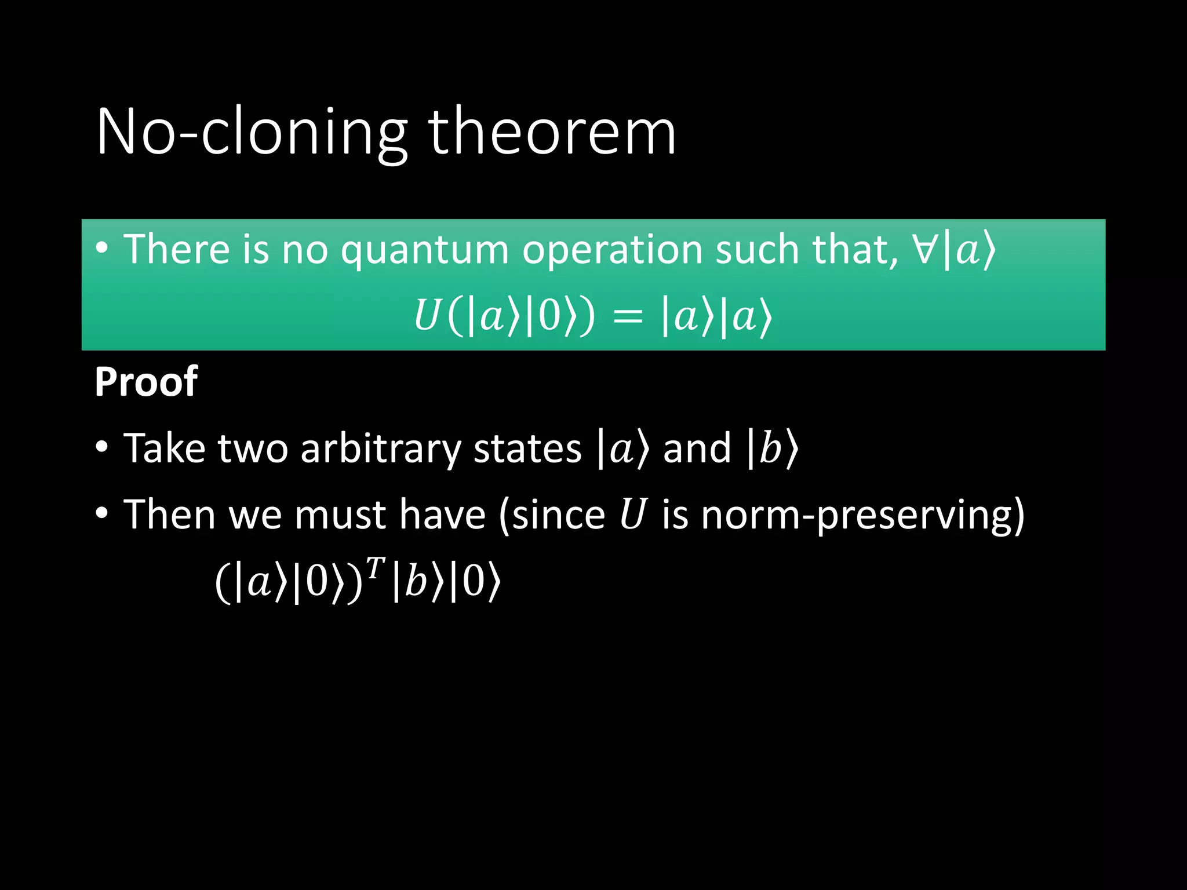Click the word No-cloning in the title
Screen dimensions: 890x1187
coord(252,132)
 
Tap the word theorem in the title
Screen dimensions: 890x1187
coord(552,132)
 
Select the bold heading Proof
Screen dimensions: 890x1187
coord(146,382)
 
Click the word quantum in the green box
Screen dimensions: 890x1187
coord(424,250)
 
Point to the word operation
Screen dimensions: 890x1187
coord(611,250)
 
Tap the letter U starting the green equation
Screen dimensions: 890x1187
coord(426,316)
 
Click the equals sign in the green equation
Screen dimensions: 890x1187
coord(628,318)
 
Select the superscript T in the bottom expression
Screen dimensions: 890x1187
coord(376,568)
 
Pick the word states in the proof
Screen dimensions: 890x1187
coord(527,449)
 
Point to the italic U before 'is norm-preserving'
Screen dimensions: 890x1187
coord(632,515)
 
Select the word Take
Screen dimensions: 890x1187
coord(165,449)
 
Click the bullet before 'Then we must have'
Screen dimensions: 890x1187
coord(102,513)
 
